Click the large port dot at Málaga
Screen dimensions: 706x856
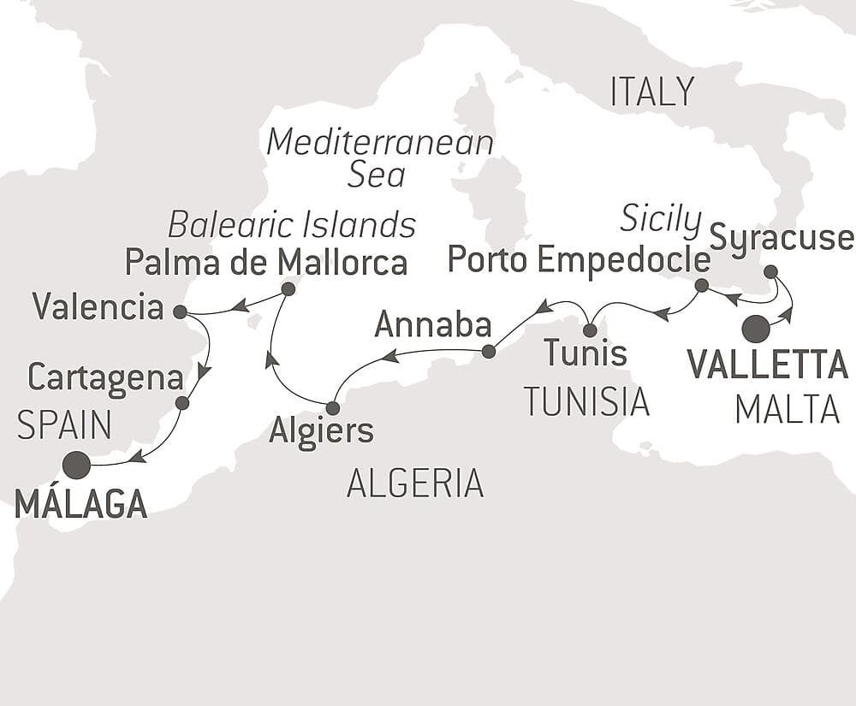click(76, 465)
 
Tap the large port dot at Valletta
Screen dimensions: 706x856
click(756, 329)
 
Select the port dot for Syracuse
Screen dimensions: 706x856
click(770, 272)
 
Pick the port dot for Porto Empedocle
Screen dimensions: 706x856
click(701, 285)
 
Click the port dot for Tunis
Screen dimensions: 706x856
click(590, 329)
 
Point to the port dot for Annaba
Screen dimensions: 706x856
click(488, 351)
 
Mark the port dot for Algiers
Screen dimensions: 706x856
click(333, 408)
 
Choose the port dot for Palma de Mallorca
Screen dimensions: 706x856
click(288, 289)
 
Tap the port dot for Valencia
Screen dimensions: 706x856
click(180, 311)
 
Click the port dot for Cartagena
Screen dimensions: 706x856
click(181, 402)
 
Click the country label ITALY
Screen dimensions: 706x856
click(651, 92)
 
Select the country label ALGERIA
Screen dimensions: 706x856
click(415, 484)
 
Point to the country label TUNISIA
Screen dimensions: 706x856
click(586, 401)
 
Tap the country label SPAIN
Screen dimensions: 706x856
click(65, 424)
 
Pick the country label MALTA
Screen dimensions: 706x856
click(787, 411)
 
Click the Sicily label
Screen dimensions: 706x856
click(661, 220)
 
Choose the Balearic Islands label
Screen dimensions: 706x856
click(292, 224)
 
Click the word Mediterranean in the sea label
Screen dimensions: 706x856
click(380, 142)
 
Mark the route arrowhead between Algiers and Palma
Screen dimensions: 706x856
click(270, 360)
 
